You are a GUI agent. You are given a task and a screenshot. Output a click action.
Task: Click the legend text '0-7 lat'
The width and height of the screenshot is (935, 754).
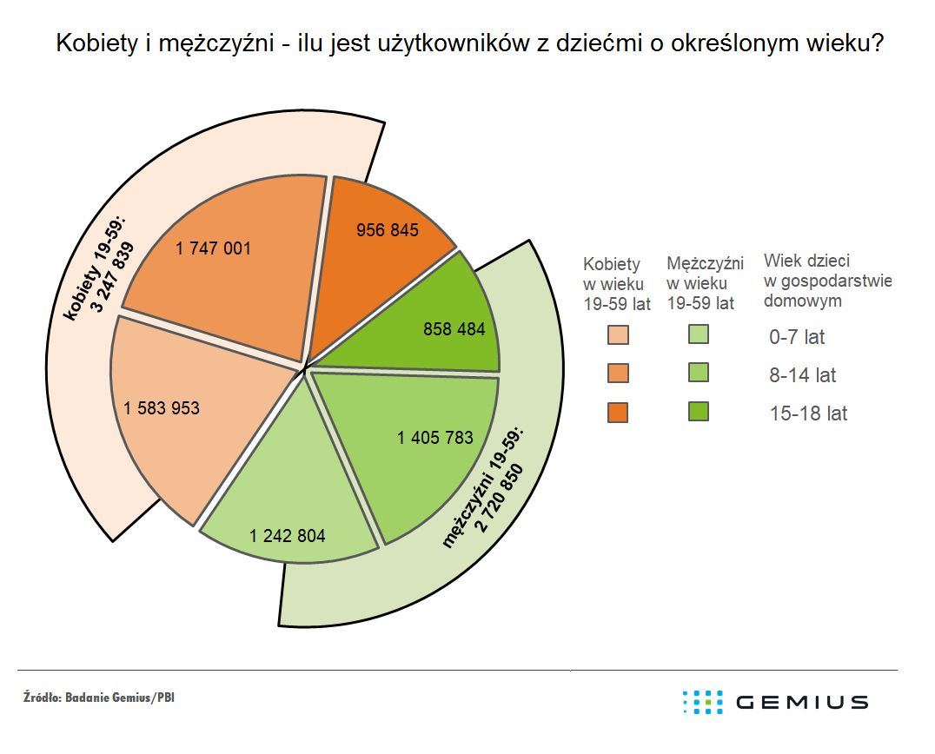(x=798, y=338)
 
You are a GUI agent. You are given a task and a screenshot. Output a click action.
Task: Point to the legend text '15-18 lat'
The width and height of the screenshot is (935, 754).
(x=808, y=413)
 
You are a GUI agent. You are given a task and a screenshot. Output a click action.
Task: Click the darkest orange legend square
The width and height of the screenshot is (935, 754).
(x=619, y=412)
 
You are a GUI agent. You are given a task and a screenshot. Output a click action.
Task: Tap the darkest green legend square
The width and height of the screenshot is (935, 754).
(x=699, y=412)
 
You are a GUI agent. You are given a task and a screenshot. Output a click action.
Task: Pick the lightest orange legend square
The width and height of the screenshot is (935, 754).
(x=619, y=335)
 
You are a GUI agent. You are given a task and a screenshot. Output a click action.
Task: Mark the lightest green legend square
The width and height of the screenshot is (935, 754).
(x=699, y=334)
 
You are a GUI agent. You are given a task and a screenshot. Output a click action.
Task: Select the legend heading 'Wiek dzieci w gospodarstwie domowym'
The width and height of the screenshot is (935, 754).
(x=827, y=281)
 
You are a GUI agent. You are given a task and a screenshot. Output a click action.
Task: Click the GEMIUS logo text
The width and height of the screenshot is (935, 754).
(x=801, y=702)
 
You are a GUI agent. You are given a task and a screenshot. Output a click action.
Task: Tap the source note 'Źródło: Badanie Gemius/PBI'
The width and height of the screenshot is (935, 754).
(x=99, y=698)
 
